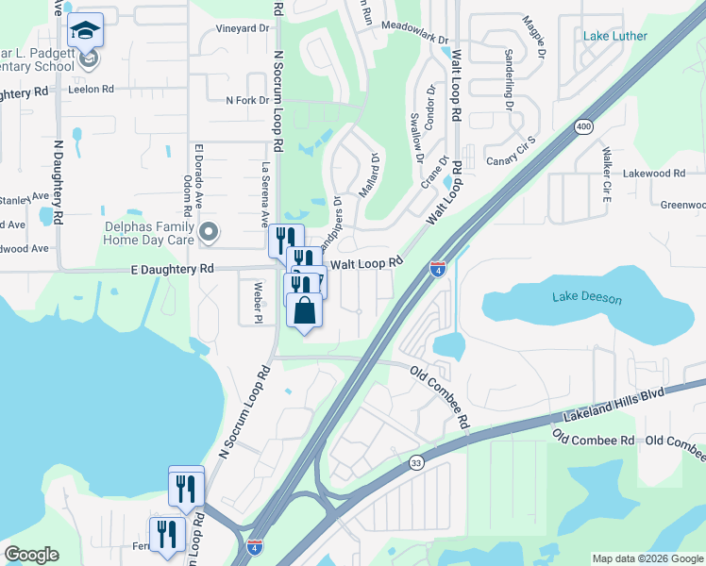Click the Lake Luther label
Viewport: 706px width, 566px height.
[x=615, y=37]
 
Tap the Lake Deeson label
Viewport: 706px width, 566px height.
[x=587, y=299]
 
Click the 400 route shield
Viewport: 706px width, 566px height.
[x=582, y=126]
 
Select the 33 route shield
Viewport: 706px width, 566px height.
[x=416, y=462]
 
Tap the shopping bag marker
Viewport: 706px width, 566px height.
[x=305, y=310]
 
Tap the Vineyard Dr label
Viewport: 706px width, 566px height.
[x=243, y=29]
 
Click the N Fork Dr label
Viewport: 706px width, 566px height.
[x=248, y=100]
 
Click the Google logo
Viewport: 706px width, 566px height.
[x=31, y=555]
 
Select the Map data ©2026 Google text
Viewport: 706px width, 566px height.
[x=647, y=558]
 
